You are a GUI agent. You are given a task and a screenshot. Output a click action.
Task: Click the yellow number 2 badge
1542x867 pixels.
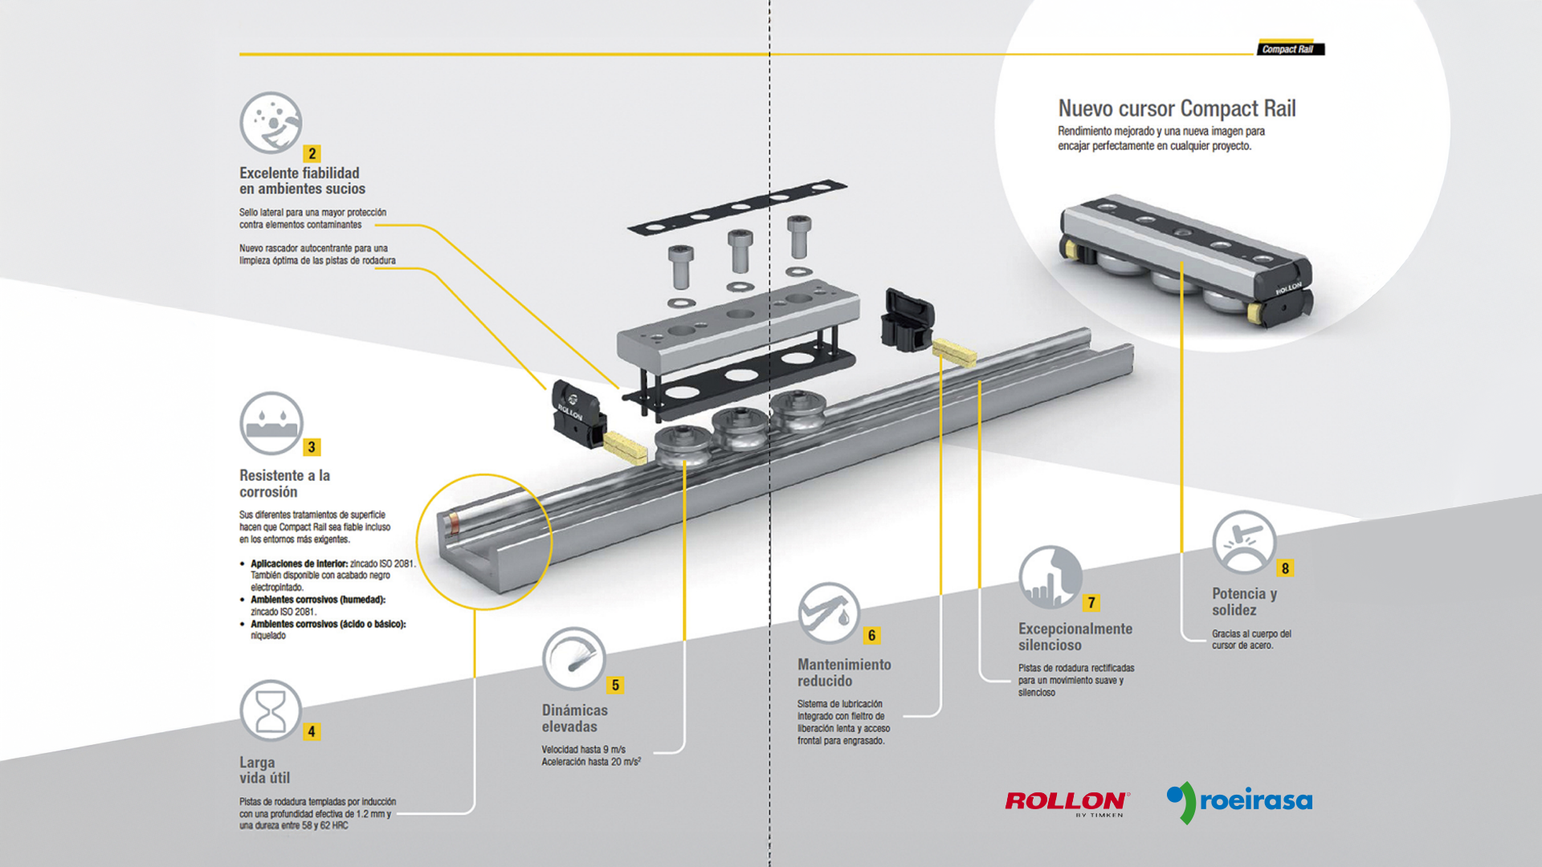(312, 153)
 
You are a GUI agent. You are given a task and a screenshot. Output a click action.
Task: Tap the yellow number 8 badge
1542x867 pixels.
(1285, 568)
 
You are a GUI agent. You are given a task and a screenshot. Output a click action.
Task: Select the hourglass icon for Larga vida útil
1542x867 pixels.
(271, 710)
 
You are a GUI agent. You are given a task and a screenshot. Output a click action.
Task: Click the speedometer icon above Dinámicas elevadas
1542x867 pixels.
(573, 658)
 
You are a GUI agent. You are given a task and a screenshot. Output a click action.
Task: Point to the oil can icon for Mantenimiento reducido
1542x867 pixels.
(829, 613)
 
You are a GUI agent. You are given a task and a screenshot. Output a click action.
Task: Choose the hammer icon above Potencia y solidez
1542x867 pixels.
(1243, 542)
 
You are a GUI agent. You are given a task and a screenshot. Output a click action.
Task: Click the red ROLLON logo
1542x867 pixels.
(1067, 801)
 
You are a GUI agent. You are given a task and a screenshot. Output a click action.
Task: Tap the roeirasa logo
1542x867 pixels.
(1239, 801)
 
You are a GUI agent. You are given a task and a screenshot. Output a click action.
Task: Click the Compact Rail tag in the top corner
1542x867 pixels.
(1290, 49)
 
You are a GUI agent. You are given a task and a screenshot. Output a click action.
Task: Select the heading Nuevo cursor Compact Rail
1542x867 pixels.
(1177, 108)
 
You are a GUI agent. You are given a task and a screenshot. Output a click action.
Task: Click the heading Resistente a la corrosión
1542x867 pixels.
(284, 483)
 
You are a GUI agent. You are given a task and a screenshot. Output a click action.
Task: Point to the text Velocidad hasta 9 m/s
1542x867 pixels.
(583, 749)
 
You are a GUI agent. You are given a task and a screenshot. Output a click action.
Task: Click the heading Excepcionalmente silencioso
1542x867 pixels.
(1075, 637)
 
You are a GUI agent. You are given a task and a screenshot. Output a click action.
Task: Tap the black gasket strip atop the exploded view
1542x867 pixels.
(737, 207)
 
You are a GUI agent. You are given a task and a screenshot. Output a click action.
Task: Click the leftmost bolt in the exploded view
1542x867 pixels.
(680, 266)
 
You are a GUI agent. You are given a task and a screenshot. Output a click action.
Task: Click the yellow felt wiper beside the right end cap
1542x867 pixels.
(954, 351)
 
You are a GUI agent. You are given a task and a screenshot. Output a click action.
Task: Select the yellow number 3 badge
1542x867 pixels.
(312, 447)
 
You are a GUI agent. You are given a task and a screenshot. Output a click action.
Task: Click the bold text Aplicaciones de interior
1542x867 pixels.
(299, 564)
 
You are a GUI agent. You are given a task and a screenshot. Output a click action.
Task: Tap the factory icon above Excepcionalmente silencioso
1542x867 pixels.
(1050, 577)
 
